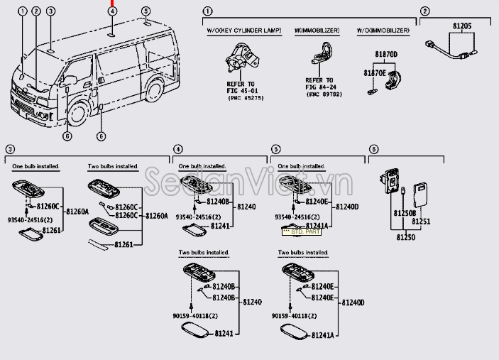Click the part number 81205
461,26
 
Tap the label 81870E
375,72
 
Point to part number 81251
422,222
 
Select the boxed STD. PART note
302,231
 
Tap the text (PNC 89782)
320,93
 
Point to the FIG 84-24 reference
320,87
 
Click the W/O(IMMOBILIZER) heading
388,31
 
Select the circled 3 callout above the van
50,11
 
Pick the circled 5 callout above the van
146,11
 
